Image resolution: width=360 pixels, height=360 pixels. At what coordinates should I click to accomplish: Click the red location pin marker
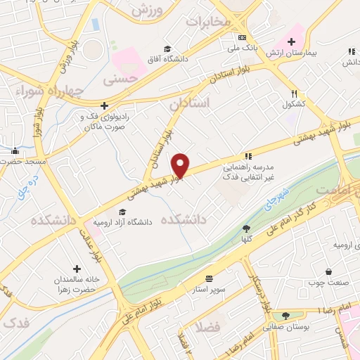point(181,166)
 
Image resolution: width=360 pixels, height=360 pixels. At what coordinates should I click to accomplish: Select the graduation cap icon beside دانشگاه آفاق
point(167,49)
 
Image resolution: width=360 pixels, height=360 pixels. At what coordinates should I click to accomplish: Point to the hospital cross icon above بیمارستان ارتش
point(291,42)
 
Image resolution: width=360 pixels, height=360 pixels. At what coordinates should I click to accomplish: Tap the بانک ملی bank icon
point(242,37)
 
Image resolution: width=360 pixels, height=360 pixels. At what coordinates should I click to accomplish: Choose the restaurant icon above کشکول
point(294,94)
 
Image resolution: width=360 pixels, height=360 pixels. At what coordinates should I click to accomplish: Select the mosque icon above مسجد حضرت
point(15,150)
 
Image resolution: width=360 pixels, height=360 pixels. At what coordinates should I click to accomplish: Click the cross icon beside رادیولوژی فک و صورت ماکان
point(104,106)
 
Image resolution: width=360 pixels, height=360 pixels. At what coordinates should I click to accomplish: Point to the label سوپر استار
point(209,289)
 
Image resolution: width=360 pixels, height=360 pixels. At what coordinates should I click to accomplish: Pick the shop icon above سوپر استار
point(209,278)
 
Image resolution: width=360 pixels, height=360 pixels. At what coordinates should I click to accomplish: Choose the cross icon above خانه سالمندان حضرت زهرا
point(77,269)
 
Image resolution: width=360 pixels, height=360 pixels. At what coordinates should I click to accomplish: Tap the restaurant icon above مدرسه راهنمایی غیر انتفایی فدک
point(247,156)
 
